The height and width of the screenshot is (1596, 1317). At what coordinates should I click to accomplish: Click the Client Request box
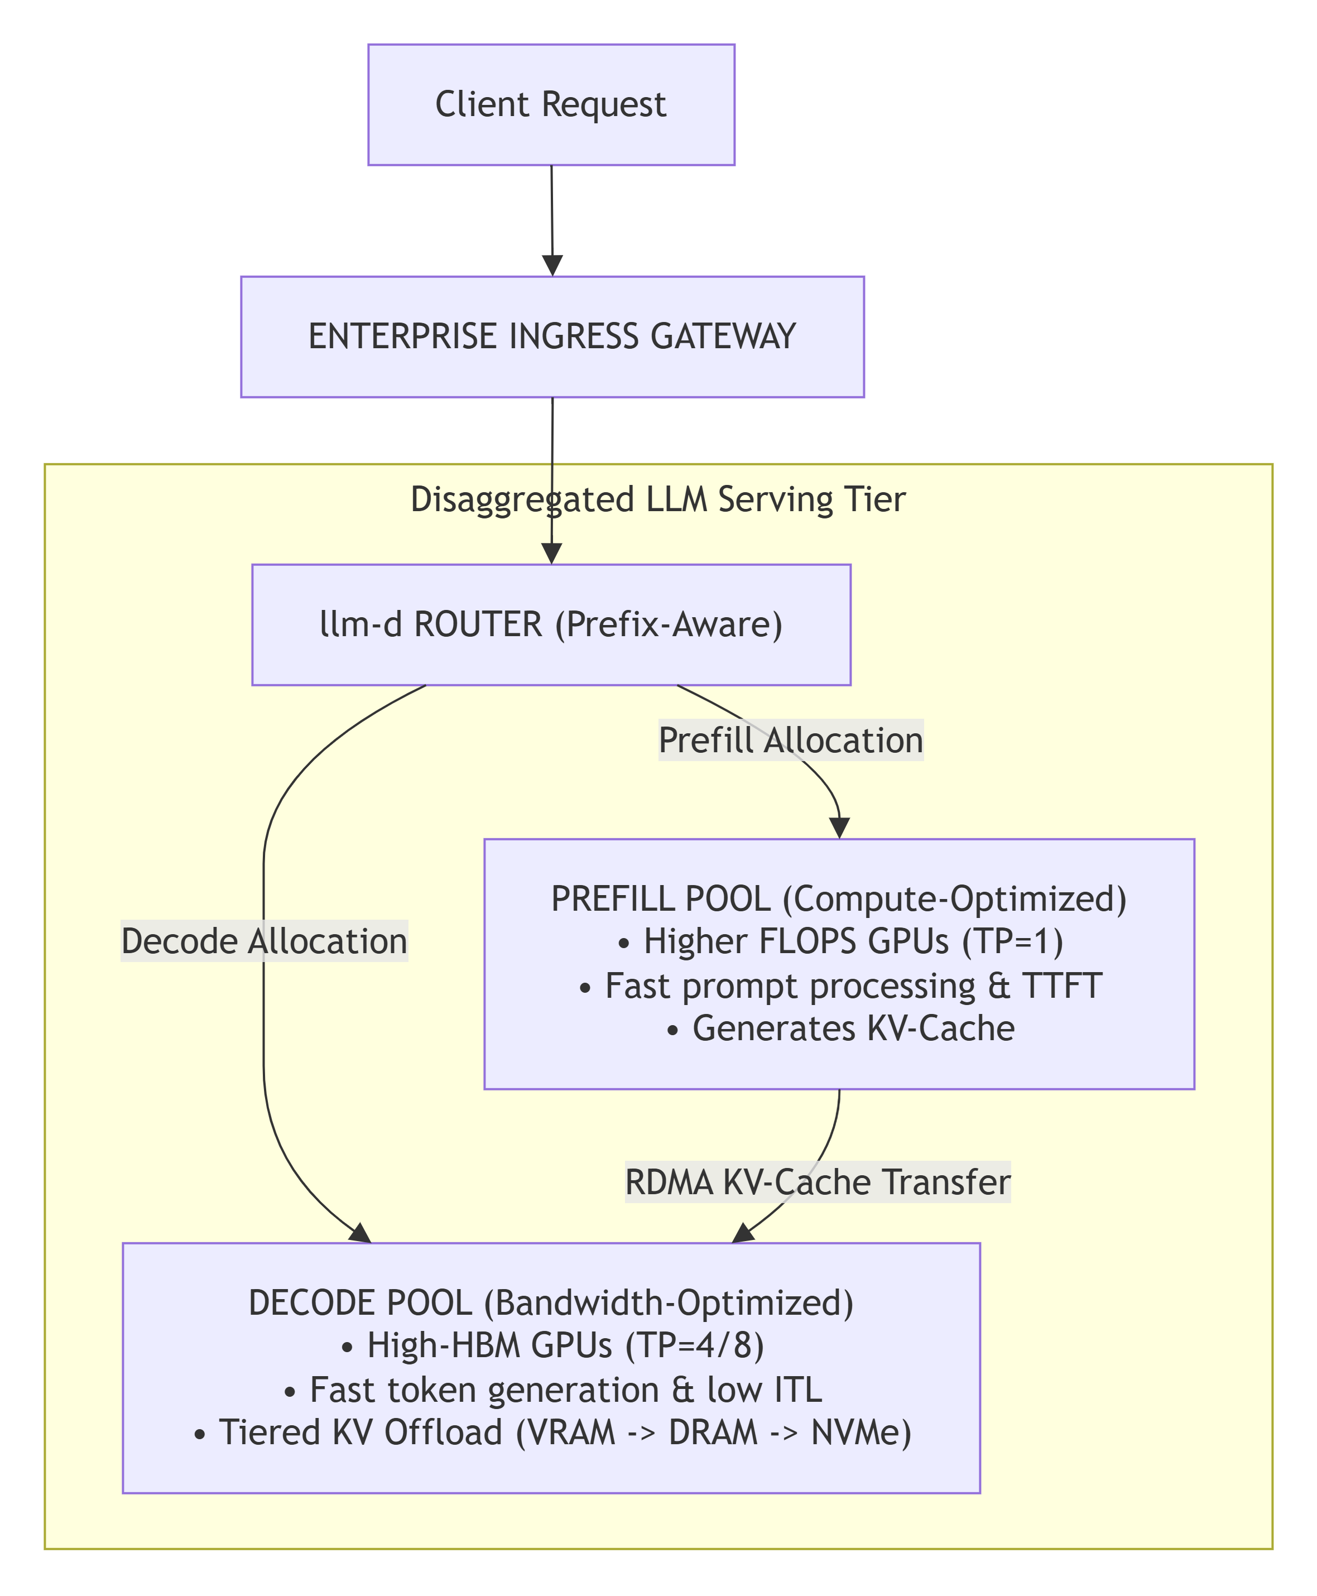click(551, 105)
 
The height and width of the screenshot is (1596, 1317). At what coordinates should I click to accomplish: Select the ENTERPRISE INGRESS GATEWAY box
click(552, 337)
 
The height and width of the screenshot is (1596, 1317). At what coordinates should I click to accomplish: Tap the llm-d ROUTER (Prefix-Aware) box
click(551, 625)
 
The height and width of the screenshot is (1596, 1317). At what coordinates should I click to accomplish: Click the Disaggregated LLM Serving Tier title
click(658, 500)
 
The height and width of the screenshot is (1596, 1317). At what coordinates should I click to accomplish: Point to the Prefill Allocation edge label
click(791, 741)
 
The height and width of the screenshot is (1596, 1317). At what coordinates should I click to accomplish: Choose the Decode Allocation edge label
click(265, 941)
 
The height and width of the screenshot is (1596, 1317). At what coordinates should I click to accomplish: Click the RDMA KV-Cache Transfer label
click(818, 1182)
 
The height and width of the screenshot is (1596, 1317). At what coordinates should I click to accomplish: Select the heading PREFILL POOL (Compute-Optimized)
click(839, 899)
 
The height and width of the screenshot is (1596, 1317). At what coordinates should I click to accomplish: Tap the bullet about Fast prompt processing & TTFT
click(840, 986)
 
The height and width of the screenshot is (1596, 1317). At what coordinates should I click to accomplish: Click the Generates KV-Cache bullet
click(840, 1028)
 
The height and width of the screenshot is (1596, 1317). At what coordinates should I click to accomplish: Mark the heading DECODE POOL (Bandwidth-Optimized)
click(551, 1303)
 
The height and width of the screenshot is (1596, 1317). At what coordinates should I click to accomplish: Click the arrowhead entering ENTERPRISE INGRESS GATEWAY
click(553, 266)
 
